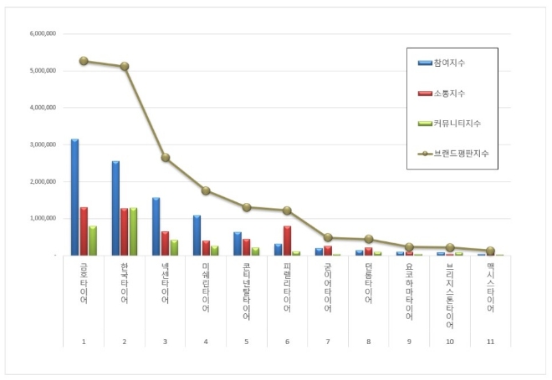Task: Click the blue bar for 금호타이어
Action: point(74,197)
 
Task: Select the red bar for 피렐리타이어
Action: point(287,241)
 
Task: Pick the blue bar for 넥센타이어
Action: point(156,226)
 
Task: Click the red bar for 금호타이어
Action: point(84,231)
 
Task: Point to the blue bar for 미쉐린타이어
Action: point(197,236)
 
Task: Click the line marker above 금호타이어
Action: point(84,61)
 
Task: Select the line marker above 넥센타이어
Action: point(166,157)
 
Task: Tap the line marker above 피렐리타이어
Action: point(287,210)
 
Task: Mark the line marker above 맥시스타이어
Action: point(491,251)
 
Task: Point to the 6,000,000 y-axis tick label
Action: point(42,34)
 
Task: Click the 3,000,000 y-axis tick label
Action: point(42,144)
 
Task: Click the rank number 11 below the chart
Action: point(491,341)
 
